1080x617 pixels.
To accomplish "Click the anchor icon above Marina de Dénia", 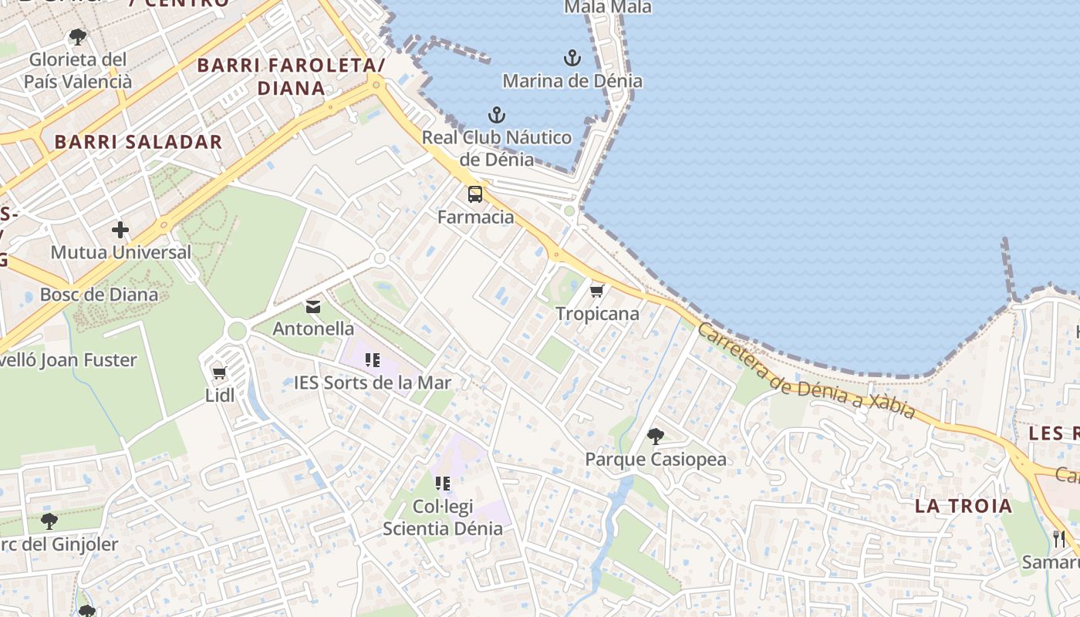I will [x=572, y=58].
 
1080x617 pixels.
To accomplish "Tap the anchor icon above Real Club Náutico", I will [x=497, y=116].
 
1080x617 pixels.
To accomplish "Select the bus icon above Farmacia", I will [x=475, y=194].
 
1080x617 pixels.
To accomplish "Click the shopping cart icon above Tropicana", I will [x=596, y=291].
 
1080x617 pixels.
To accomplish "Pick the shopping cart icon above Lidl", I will [x=219, y=373].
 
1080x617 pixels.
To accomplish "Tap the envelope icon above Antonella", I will [x=313, y=307].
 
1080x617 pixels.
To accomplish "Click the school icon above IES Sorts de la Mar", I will [x=373, y=359].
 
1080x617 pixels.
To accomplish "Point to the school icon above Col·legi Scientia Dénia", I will [x=443, y=484].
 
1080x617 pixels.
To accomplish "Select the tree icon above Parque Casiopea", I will [x=655, y=437].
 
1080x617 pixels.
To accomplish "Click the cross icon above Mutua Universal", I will [x=120, y=230].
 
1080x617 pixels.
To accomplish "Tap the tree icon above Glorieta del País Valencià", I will [x=77, y=36].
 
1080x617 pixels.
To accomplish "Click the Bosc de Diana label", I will [x=99, y=295].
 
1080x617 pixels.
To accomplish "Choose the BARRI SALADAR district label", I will [x=138, y=142].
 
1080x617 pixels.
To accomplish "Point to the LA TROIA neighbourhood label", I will [x=964, y=506].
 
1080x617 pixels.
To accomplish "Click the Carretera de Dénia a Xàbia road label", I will [x=805, y=370].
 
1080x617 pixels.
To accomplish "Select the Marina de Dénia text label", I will [x=572, y=81].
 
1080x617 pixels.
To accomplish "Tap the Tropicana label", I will [x=598, y=314].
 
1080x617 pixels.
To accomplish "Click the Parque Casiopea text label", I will [x=656, y=460].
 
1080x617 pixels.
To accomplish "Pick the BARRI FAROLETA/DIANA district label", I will [x=291, y=76].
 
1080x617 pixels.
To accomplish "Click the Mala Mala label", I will [x=608, y=8].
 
